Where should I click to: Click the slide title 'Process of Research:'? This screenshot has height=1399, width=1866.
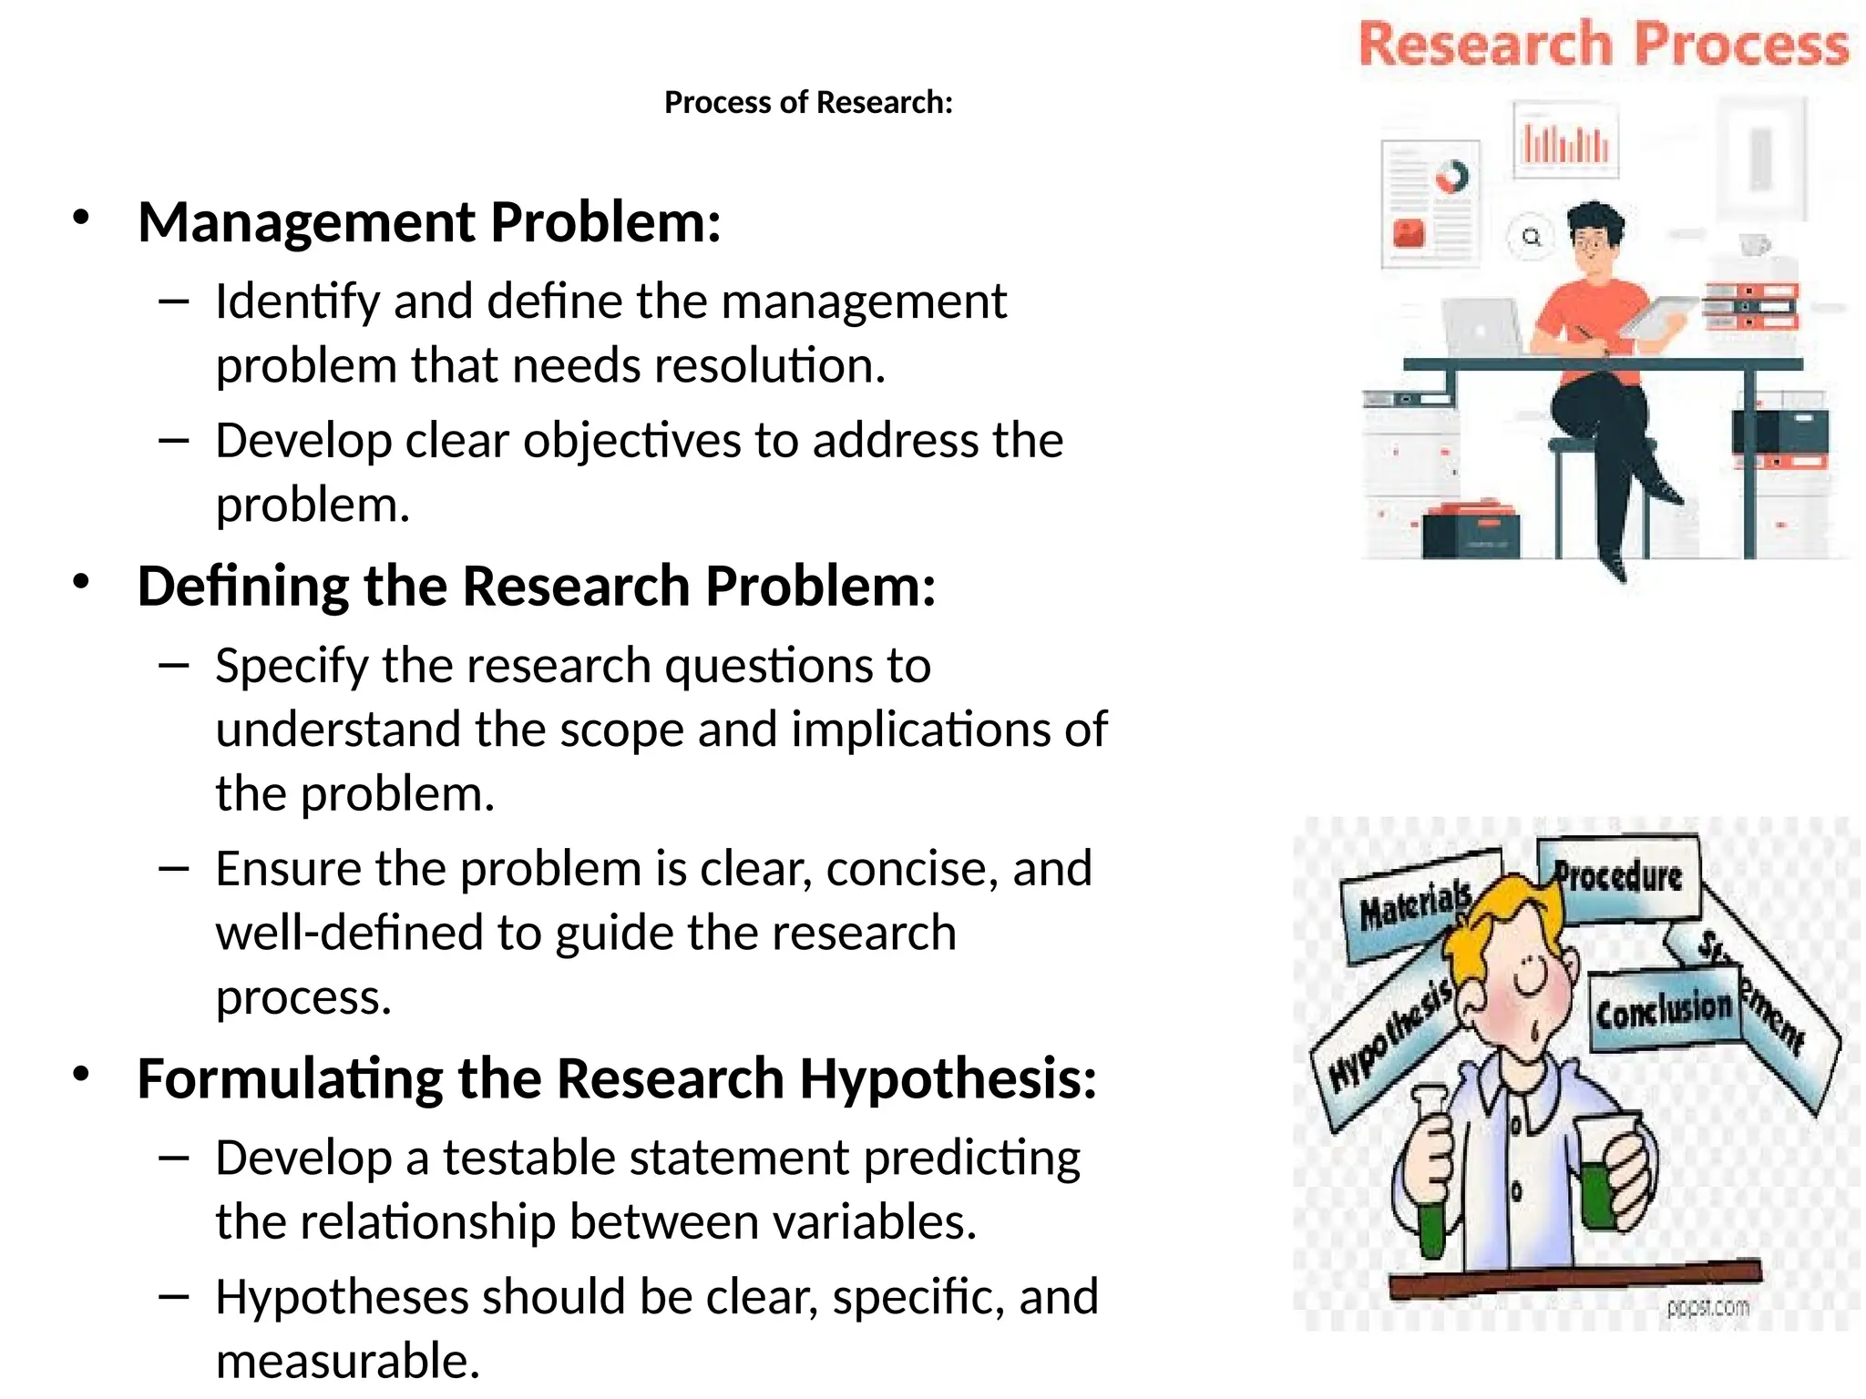point(808,102)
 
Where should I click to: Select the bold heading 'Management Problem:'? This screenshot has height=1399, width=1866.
point(429,222)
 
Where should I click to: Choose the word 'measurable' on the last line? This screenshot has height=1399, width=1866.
point(346,1361)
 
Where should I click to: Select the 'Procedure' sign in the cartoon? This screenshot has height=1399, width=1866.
point(1618,877)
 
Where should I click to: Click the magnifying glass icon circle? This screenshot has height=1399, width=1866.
point(1531,237)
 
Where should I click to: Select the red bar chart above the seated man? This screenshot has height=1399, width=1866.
point(1565,142)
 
